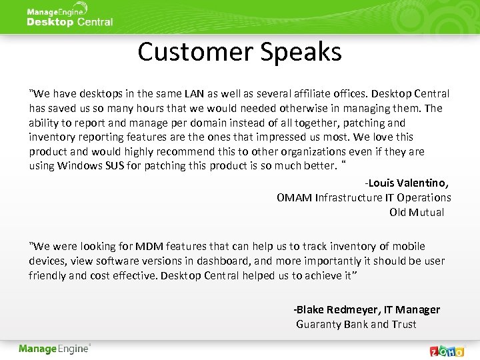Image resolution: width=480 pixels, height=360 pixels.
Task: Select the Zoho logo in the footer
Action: [x=446, y=351]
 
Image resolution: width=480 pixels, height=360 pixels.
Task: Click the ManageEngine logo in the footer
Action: [x=54, y=349]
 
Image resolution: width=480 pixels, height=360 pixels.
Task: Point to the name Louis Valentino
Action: [x=408, y=183]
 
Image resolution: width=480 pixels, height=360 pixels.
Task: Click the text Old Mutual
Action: [x=417, y=212]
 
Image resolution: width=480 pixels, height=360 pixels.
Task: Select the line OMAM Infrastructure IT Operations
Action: [x=363, y=197]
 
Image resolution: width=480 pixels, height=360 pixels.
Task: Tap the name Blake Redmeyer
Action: [x=335, y=309]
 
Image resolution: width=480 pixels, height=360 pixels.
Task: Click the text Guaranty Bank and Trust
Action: [x=356, y=324]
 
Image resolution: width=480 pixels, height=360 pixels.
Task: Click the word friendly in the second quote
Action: [x=47, y=275]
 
